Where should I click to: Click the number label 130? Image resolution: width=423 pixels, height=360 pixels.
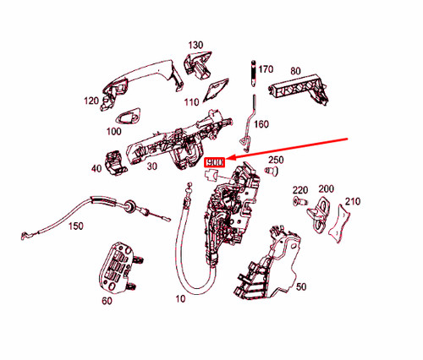(x=195, y=45)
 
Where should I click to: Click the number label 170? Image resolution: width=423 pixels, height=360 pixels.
(x=265, y=68)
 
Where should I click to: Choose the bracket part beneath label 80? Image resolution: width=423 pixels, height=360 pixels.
(x=299, y=86)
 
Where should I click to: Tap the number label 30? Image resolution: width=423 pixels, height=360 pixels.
(x=151, y=166)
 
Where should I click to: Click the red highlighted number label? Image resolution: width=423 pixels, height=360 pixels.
(x=215, y=161)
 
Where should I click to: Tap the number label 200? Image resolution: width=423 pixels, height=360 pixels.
(x=327, y=189)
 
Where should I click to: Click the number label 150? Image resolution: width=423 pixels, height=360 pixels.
(x=76, y=226)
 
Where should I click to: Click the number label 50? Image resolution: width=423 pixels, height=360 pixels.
(x=300, y=287)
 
